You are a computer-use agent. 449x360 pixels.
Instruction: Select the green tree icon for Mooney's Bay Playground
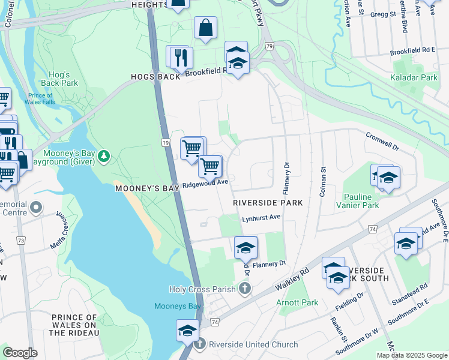point(104,156)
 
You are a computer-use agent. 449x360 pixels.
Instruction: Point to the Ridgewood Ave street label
point(205,182)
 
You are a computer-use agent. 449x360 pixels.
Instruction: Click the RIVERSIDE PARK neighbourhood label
point(267,203)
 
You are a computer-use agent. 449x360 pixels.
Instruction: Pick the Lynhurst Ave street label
point(261,217)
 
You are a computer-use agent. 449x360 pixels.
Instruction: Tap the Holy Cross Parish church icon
point(244,289)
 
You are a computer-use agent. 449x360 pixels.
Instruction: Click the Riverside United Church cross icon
point(200,344)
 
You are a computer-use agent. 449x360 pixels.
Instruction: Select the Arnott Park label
point(297,302)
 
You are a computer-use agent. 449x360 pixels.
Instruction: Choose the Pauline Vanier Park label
point(370,201)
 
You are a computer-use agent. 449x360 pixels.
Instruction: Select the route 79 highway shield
point(270,46)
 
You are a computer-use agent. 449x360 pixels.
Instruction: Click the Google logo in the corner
point(20,352)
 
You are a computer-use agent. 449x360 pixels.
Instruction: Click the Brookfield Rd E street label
point(412,50)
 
